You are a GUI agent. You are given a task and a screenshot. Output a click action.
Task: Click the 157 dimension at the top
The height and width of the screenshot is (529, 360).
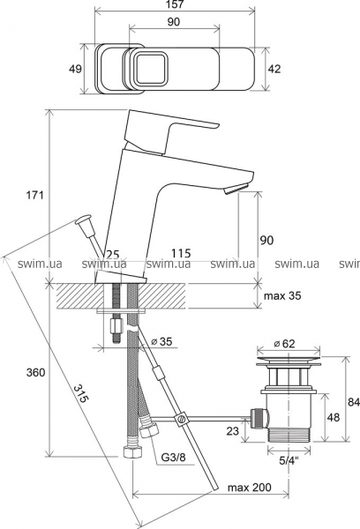tap(176, 4)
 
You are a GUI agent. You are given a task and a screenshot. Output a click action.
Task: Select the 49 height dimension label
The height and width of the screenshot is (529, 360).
tap(75, 69)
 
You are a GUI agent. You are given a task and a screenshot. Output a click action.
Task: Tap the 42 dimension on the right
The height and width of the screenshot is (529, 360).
tap(274, 69)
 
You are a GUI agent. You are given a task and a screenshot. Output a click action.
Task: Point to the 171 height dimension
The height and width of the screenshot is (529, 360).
tap(35, 195)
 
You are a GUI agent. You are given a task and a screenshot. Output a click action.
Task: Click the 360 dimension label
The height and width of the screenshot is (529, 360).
tap(35, 372)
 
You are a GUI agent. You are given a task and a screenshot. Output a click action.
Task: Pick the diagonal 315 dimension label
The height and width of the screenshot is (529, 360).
tap(81, 393)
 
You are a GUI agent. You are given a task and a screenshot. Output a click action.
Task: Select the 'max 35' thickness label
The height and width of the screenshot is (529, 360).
tap(282, 296)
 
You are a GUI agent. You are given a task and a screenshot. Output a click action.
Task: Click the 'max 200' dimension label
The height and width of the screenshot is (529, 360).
tap(249, 488)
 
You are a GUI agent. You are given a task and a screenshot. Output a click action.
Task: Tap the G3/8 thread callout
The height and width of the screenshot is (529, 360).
tap(173, 458)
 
